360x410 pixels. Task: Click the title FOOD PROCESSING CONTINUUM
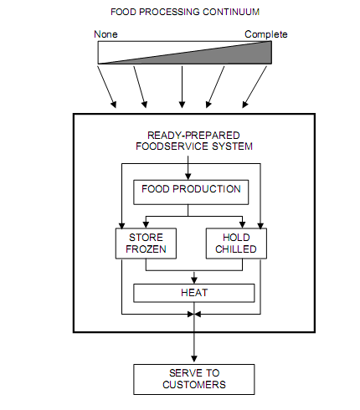(x=185, y=12)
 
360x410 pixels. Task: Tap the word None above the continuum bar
(x=105, y=34)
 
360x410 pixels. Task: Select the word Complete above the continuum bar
(x=266, y=34)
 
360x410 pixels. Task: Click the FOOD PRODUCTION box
(x=191, y=192)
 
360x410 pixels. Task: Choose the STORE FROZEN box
(x=146, y=243)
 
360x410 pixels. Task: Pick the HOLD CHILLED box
(x=236, y=243)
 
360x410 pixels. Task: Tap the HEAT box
(x=194, y=293)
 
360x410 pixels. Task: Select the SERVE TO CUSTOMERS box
(x=194, y=379)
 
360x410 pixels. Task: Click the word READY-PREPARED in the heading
(x=193, y=136)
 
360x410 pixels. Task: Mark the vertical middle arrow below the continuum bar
(x=182, y=87)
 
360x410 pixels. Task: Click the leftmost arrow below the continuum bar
(x=107, y=87)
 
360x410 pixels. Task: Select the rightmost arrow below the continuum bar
(x=255, y=87)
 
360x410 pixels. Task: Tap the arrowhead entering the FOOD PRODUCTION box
(x=188, y=177)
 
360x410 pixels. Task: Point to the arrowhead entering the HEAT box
(x=194, y=280)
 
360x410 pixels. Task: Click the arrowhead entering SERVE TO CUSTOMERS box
(x=194, y=359)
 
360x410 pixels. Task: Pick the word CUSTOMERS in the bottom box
(x=194, y=385)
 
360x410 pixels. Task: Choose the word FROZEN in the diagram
(x=146, y=249)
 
